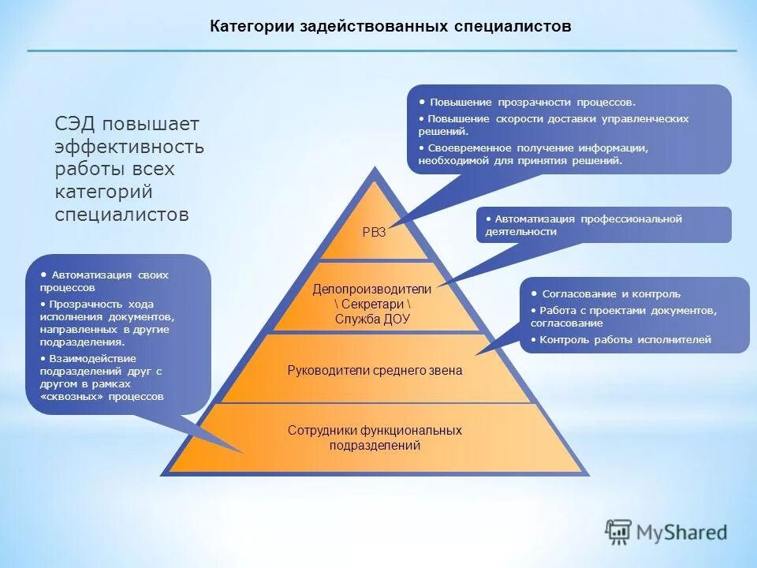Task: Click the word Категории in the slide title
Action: click(250, 26)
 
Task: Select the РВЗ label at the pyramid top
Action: click(374, 232)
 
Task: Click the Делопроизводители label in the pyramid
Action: click(372, 290)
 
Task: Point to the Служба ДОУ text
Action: click(372, 319)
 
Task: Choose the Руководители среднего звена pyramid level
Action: click(375, 370)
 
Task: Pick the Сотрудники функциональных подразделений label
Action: click(375, 438)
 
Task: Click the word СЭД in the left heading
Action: click(75, 125)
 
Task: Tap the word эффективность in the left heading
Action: click(129, 147)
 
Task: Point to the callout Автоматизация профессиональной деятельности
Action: click(587, 225)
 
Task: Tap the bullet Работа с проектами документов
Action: click(623, 311)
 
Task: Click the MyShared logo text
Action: click(684, 532)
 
